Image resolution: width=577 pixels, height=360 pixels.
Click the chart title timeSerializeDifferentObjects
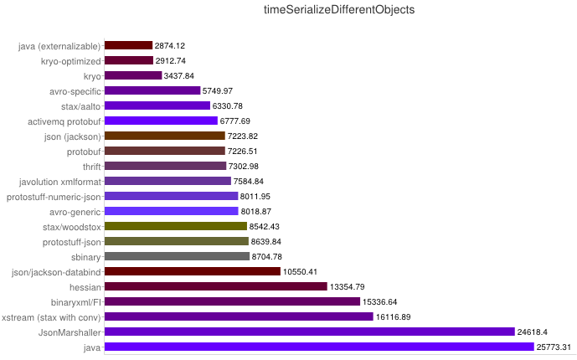[x=338, y=10]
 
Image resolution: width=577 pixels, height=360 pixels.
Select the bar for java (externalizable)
[x=128, y=45]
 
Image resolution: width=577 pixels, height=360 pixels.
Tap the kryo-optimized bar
[x=129, y=60]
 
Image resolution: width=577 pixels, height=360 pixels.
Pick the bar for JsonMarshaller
[x=309, y=332]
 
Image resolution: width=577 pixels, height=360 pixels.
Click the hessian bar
[x=215, y=286]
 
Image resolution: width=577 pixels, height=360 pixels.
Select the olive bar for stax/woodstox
[x=176, y=226]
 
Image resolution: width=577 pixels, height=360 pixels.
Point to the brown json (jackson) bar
[x=165, y=136]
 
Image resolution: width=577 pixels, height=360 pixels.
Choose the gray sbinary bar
[x=177, y=256]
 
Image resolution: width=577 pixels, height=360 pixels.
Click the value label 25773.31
[x=554, y=347]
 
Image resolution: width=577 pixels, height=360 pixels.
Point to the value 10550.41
[x=300, y=271]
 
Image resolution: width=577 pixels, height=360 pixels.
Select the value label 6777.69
[x=238, y=121]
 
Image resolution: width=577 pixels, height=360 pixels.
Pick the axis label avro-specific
[x=75, y=90]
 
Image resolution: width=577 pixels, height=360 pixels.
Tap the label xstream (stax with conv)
[x=51, y=316]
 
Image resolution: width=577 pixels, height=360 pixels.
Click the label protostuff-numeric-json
[x=54, y=196]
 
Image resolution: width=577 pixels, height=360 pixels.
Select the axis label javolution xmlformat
[x=59, y=181]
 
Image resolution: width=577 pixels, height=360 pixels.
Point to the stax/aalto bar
[x=157, y=105]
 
